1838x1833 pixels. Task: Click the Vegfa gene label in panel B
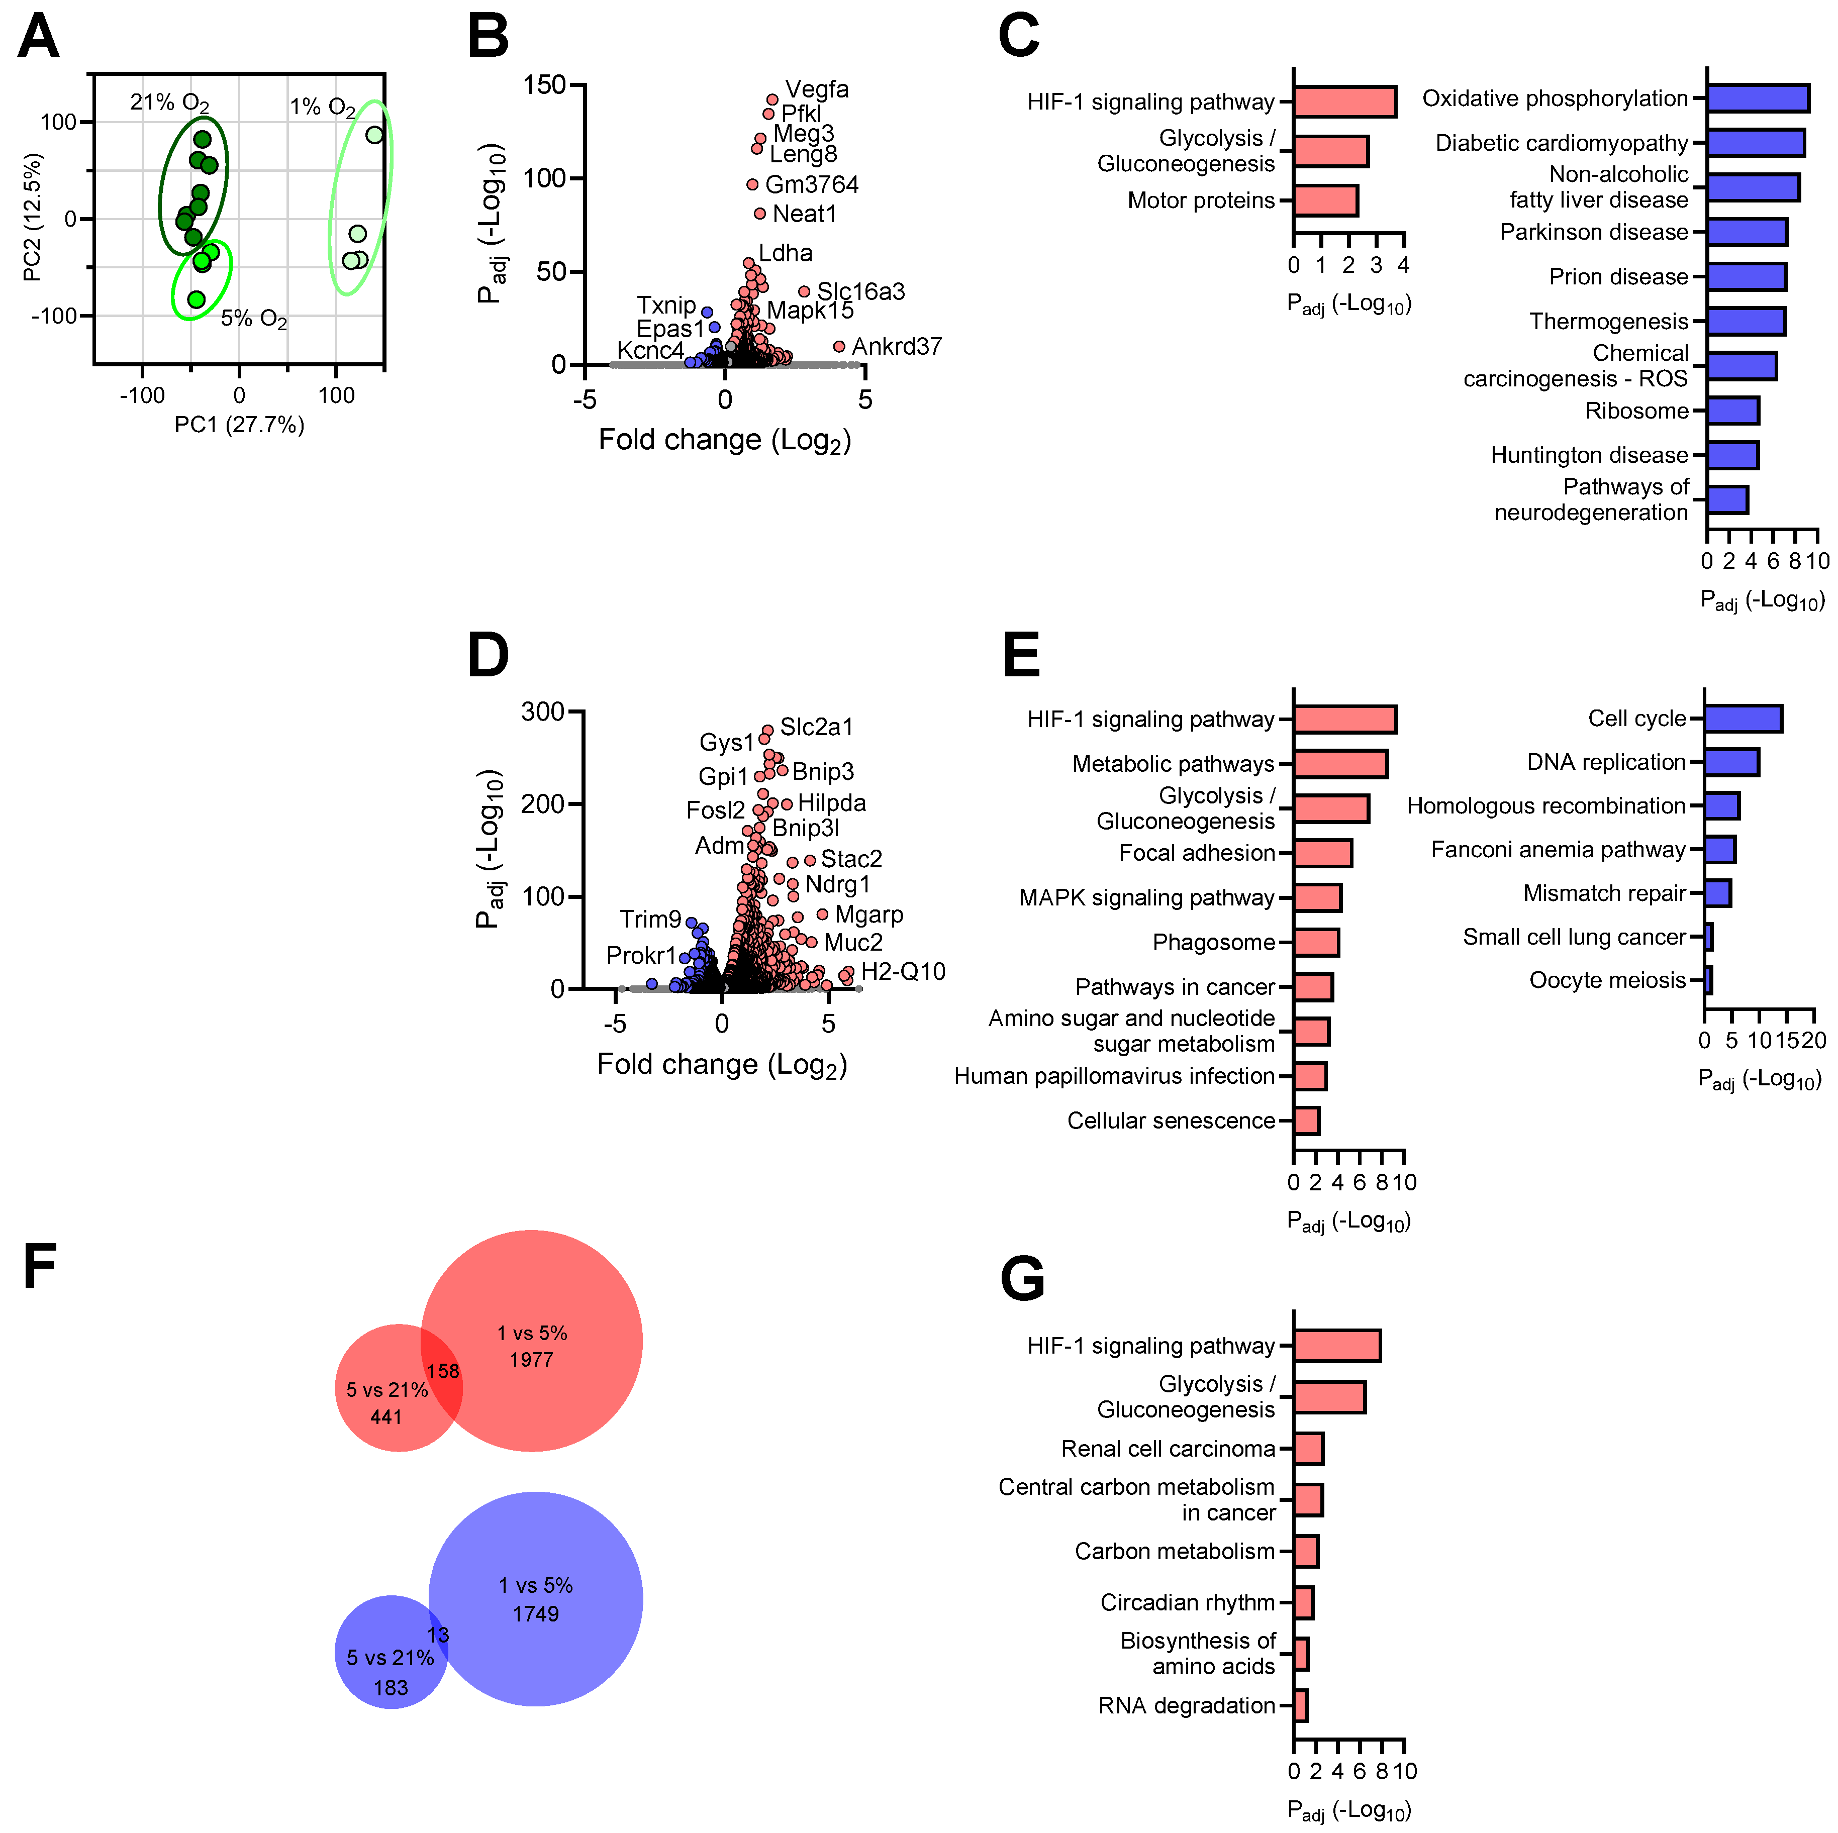click(x=816, y=89)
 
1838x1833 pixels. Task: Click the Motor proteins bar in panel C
click(x=1325, y=200)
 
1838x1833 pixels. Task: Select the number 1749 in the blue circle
click(x=536, y=1614)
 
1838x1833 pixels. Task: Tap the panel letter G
click(x=1023, y=1279)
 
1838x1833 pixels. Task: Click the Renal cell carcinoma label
click(x=1168, y=1449)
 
